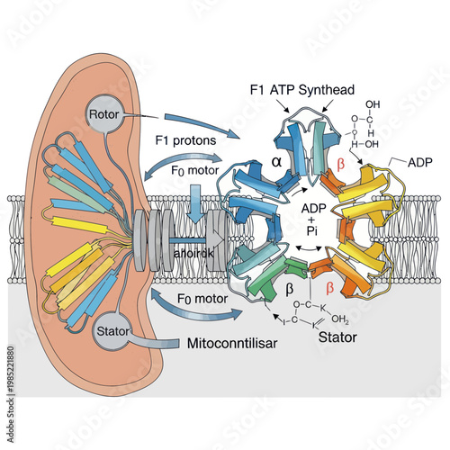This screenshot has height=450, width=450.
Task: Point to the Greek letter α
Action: click(277, 163)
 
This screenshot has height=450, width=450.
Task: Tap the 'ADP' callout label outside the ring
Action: click(419, 166)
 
